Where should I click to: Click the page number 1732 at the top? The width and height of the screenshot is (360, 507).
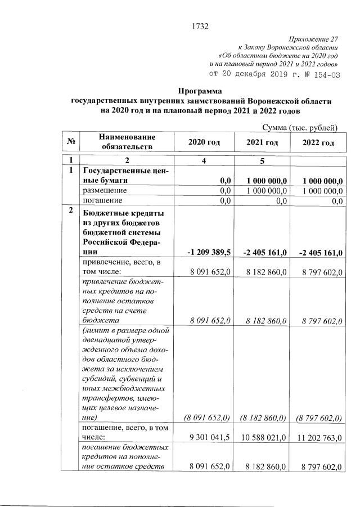coord(200,25)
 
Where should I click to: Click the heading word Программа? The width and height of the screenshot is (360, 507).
coord(200,91)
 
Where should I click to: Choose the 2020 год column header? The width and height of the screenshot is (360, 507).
coord(203,143)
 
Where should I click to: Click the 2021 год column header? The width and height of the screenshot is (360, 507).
coord(262,143)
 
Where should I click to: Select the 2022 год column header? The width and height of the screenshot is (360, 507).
coord(318,143)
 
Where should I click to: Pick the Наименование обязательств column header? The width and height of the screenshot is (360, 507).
coord(127,142)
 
